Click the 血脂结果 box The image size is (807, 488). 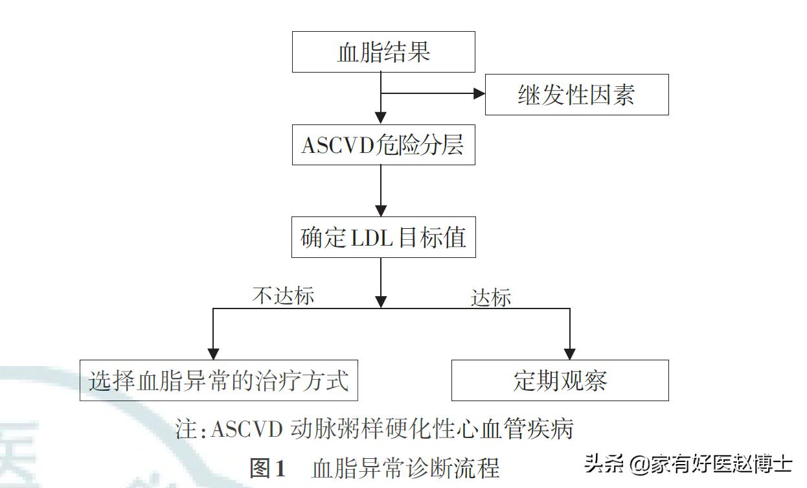click(383, 52)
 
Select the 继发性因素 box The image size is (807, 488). click(576, 95)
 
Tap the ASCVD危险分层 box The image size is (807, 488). click(383, 145)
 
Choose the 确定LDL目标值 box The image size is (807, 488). click(383, 237)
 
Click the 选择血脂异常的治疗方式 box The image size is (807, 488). click(219, 380)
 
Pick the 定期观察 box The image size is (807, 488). click(560, 380)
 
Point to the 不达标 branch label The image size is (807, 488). click(283, 296)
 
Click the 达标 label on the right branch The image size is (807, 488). click(491, 298)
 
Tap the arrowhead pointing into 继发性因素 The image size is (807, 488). click(479, 93)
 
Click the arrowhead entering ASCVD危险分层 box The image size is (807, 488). click(381, 119)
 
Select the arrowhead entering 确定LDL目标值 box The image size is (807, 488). click(381, 211)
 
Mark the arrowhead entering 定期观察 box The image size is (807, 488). click(569, 354)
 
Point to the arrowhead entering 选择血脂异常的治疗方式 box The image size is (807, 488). click(213, 354)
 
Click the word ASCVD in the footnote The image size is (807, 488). click(247, 430)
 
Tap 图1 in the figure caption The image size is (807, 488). click(267, 468)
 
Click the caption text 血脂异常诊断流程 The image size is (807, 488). click(405, 468)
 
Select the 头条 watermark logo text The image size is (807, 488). click(604, 463)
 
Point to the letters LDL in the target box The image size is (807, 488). click(372, 238)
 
